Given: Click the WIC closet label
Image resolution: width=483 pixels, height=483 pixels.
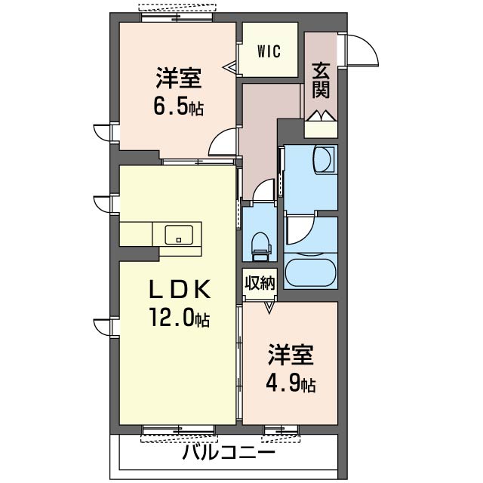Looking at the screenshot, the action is (x=269, y=51).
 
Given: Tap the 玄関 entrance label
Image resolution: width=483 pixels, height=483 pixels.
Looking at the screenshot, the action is (x=321, y=81).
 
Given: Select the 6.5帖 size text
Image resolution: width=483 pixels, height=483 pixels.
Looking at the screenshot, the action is (x=178, y=107).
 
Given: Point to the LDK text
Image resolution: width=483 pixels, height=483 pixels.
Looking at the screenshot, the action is (x=180, y=289).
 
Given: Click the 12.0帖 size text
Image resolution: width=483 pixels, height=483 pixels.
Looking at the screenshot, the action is (x=180, y=318).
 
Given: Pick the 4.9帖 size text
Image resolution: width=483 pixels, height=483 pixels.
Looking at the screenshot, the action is (x=291, y=383).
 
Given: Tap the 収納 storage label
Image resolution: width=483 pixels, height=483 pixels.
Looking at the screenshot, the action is (x=260, y=282).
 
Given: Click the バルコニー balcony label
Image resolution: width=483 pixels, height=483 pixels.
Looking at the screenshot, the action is (x=228, y=453).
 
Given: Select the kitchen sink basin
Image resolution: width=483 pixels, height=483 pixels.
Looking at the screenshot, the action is (x=179, y=235).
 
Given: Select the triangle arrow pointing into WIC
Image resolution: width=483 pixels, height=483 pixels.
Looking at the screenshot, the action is (x=229, y=66).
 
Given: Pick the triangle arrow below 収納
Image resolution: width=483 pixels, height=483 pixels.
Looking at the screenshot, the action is (x=269, y=308).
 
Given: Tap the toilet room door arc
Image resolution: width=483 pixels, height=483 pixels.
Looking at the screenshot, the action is (x=263, y=189).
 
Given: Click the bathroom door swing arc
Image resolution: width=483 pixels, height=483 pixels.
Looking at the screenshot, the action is (x=300, y=229).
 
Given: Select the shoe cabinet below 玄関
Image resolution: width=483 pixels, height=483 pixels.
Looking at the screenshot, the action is (x=321, y=129).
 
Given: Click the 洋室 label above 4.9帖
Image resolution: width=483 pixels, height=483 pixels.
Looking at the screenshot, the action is (x=290, y=355).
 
